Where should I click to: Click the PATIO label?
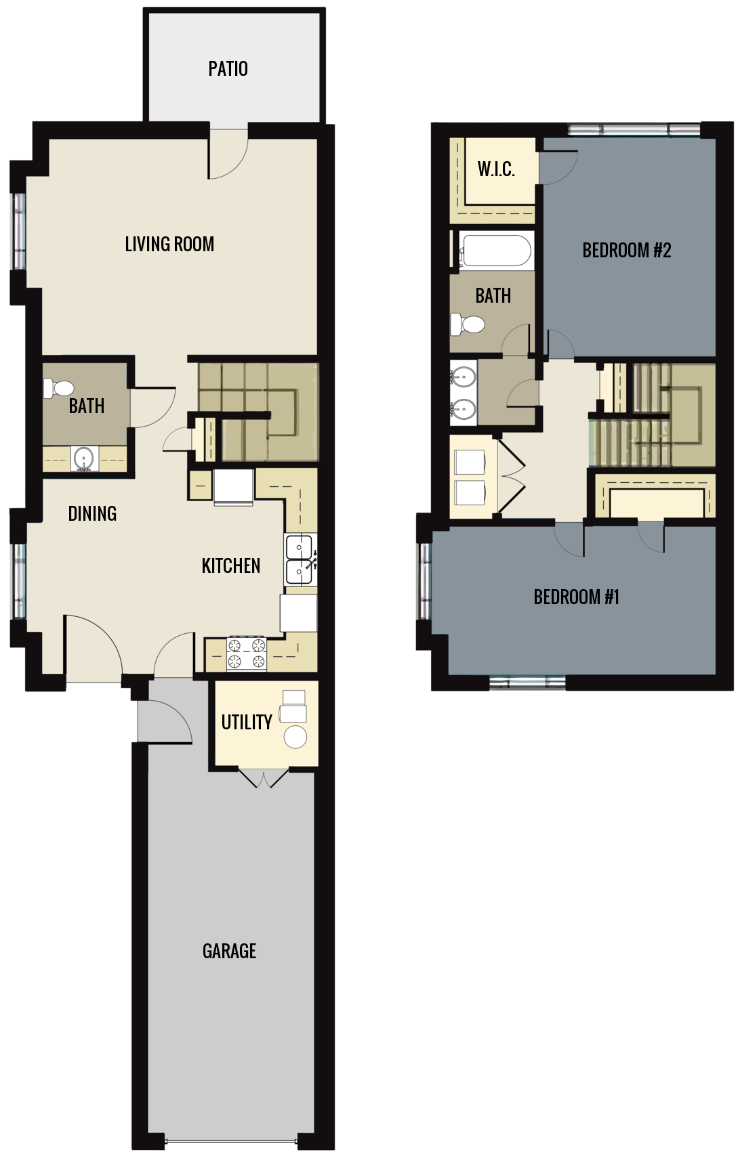coord(228,68)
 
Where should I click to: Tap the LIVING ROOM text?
coord(169,244)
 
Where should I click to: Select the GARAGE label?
coord(229,951)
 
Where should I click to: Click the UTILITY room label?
coord(247,722)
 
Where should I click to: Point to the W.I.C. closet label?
coord(496,169)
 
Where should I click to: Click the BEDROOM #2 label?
coord(626,250)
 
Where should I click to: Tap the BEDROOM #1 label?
coord(576,597)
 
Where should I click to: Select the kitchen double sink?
coord(299,559)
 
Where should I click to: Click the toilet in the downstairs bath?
coord(59,388)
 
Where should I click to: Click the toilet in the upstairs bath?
coord(469,324)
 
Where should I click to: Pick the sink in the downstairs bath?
coord(84,458)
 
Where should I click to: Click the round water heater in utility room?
coord(295,736)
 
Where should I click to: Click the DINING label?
coord(92,513)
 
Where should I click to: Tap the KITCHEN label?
coord(230,565)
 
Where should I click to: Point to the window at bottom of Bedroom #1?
coord(527,683)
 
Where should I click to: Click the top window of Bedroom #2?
coord(634,129)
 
